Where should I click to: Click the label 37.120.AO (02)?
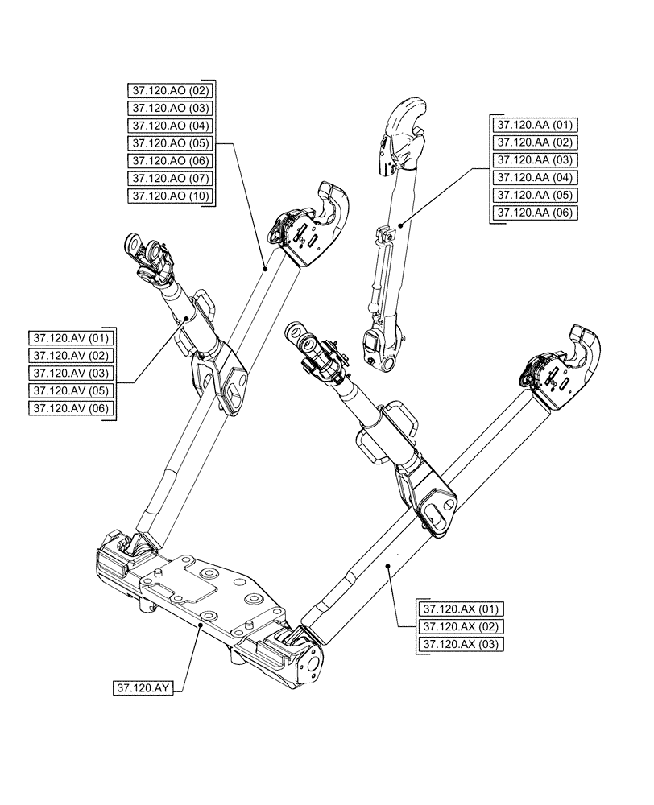click(169, 90)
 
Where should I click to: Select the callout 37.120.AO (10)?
click(169, 196)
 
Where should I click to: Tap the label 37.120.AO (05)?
click(169, 143)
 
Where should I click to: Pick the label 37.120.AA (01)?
click(535, 125)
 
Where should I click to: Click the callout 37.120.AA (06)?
click(535, 213)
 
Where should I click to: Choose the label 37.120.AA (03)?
click(535, 160)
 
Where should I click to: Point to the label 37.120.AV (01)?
click(72, 337)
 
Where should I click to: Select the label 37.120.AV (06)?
click(72, 409)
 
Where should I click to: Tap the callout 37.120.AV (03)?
click(72, 373)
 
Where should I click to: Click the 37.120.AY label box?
click(146, 688)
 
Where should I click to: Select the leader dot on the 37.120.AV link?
click(186, 319)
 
